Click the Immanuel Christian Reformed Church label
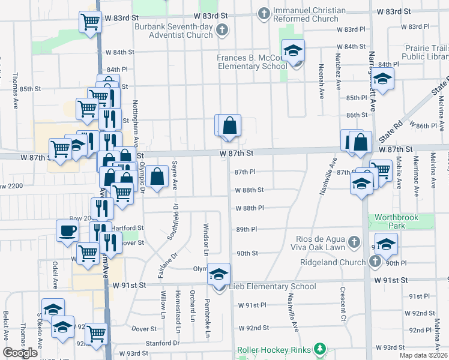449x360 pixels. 310,14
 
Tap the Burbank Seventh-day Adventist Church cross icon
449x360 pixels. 222,30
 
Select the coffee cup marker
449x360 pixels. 67,230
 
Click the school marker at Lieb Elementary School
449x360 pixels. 219,274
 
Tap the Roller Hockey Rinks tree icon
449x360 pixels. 320,349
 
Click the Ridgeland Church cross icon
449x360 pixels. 375,262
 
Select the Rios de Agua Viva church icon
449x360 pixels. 355,242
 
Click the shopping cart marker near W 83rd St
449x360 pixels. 90,23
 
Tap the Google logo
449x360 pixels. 20,353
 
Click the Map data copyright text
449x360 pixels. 423,355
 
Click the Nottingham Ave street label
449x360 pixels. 136,124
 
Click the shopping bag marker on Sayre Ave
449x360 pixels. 157,177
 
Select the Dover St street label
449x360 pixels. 144,329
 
